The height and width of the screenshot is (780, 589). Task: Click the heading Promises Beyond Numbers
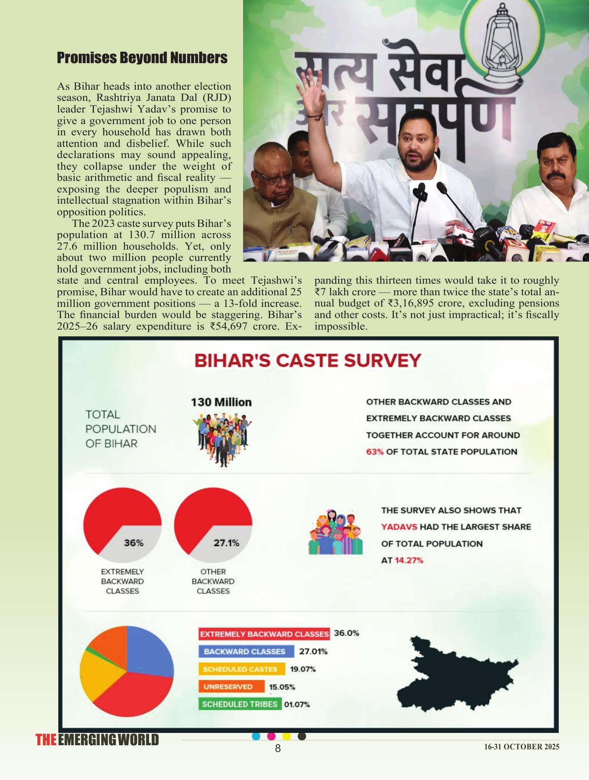[142, 58]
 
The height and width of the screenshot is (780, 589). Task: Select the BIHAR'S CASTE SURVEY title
[307, 361]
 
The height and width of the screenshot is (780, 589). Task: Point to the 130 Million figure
[221, 402]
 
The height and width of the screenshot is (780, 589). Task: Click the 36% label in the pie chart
[134, 543]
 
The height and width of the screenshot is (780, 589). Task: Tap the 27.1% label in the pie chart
[226, 543]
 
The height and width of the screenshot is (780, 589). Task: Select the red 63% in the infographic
[375, 451]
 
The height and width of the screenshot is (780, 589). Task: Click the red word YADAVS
[399, 527]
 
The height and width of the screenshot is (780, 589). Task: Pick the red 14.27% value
[409, 560]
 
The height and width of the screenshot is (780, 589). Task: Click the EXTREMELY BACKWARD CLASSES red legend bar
[264, 634]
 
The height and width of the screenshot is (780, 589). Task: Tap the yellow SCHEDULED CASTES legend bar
[242, 669]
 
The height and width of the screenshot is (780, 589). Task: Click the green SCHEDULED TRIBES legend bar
[240, 704]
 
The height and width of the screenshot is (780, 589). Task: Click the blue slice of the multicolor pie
[150, 650]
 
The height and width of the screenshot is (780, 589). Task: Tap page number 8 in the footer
[278, 748]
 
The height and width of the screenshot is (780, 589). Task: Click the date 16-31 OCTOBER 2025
[522, 747]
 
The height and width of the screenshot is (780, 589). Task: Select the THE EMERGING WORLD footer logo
[97, 740]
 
